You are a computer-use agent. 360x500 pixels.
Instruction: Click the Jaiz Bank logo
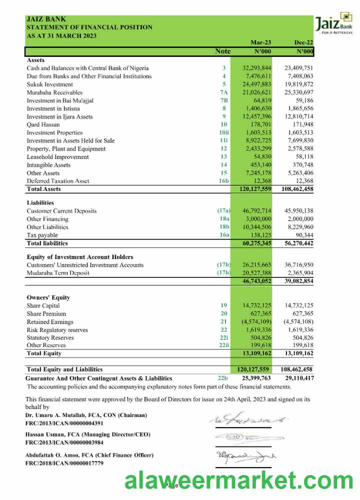point(333,23)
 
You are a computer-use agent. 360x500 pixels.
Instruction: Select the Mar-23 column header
point(260,43)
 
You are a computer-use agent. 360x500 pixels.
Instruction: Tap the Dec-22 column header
point(303,43)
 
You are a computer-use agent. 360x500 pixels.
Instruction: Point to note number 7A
point(223,92)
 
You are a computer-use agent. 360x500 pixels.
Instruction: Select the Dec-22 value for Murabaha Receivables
point(298,92)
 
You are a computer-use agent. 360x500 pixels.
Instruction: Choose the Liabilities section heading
point(40,203)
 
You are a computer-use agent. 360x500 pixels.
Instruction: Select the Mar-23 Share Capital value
point(256,305)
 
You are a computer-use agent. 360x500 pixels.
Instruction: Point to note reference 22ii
point(223,345)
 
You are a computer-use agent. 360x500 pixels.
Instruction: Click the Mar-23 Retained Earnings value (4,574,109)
point(256,322)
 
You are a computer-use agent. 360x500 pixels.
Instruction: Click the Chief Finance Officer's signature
point(245,456)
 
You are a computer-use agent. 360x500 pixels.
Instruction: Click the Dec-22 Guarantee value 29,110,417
point(298,378)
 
